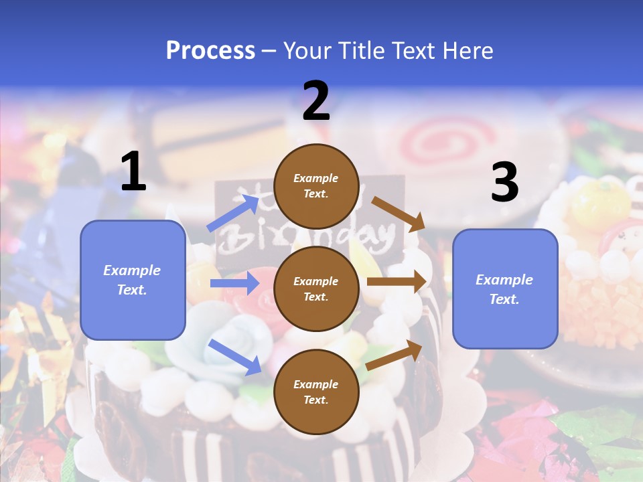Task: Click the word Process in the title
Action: coord(210,50)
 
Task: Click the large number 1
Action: coord(133,172)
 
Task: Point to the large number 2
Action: coord(316,101)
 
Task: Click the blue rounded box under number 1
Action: coord(133,280)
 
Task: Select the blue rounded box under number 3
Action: coord(505,289)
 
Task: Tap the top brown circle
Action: coord(316,186)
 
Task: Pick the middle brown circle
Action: coord(316,289)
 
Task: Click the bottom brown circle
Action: coord(316,392)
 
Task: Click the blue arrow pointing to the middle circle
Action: coord(234,284)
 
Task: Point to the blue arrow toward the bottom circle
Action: coord(234,357)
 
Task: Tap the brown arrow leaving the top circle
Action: coord(398,213)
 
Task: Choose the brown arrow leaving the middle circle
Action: coord(397,281)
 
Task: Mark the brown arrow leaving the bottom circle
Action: coord(394,355)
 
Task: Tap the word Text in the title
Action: coord(413,50)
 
